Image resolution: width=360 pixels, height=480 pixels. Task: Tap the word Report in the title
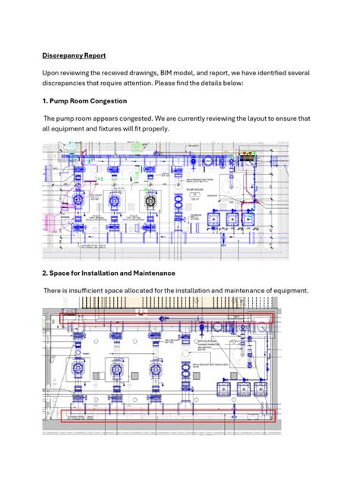[x=99, y=55]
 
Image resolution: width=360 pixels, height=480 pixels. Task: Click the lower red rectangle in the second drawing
[x=167, y=415]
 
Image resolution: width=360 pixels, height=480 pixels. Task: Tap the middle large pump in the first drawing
[x=115, y=202]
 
